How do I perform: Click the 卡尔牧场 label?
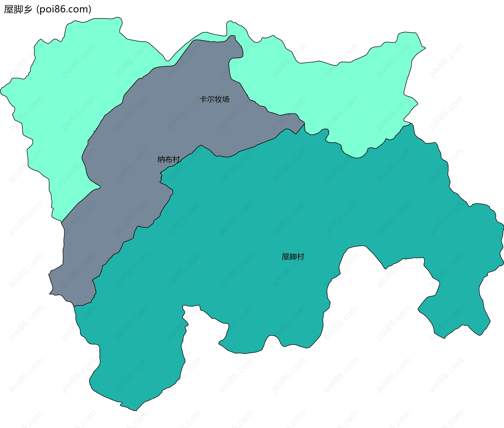[214, 99]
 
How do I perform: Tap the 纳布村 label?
[169, 159]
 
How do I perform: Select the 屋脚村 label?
[293, 256]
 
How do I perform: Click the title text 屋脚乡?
[18, 9]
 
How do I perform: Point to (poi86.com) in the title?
[64, 9]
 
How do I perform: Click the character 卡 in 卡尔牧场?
[203, 99]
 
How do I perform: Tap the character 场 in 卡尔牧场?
[226, 99]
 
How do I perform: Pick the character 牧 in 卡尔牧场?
[218, 99]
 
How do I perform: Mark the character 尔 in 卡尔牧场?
[211, 99]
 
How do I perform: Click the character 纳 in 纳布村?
[161, 159]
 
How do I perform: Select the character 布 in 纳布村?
[169, 159]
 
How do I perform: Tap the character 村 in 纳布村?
[176, 159]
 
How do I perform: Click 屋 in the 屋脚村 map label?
[285, 256]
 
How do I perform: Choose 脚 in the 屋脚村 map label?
[293, 256]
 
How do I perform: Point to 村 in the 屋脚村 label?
[300, 256]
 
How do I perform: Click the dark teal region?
[262, 210]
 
